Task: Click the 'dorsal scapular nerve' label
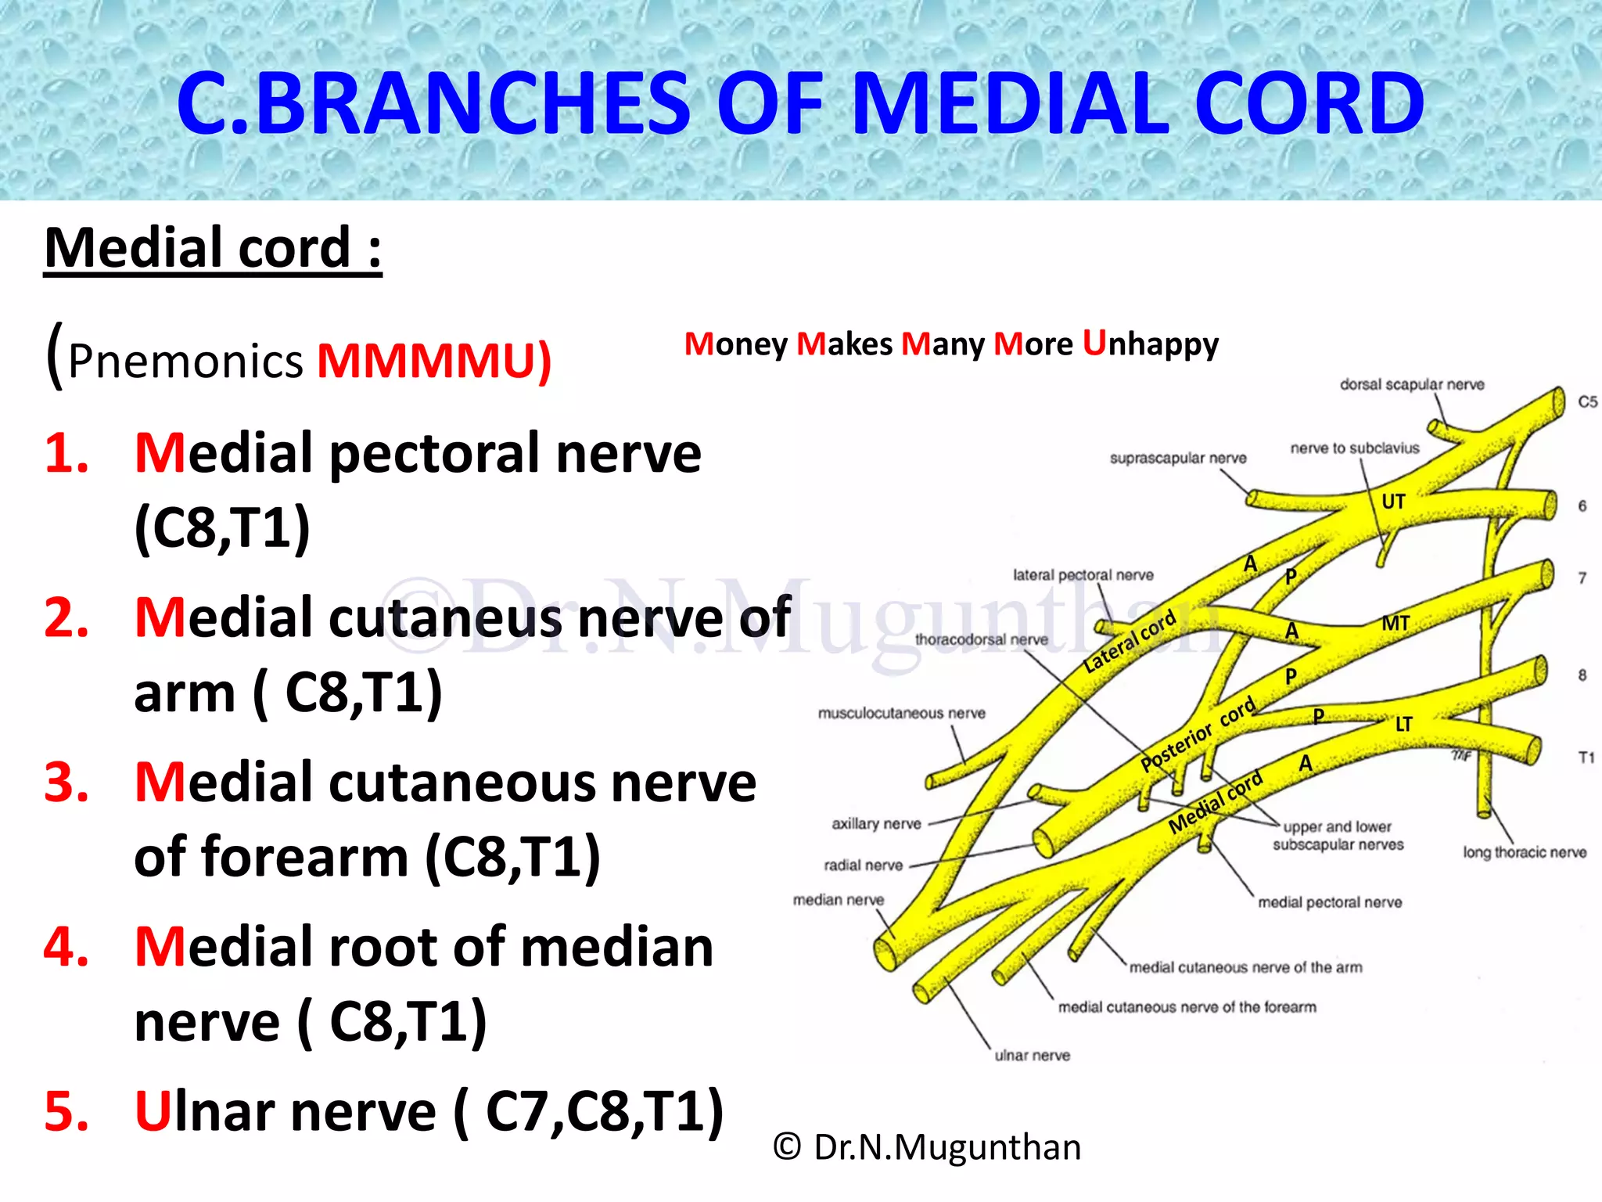tap(1412, 384)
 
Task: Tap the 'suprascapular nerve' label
tap(1178, 458)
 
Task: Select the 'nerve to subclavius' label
tap(1354, 448)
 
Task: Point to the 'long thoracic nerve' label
tap(1525, 852)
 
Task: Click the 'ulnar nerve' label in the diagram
tap(1032, 1055)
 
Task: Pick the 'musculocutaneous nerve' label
tap(901, 713)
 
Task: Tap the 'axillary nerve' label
tap(876, 823)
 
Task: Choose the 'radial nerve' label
tap(863, 865)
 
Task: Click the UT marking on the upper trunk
tap(1393, 502)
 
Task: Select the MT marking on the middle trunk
tap(1395, 624)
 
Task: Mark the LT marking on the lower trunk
tap(1404, 725)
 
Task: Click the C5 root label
tap(1587, 401)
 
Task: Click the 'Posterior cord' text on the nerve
tap(1197, 734)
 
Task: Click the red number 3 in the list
tap(66, 782)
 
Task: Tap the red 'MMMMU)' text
tap(434, 361)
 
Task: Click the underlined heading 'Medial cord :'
tap(213, 248)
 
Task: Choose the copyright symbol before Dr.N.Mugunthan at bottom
tap(787, 1147)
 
